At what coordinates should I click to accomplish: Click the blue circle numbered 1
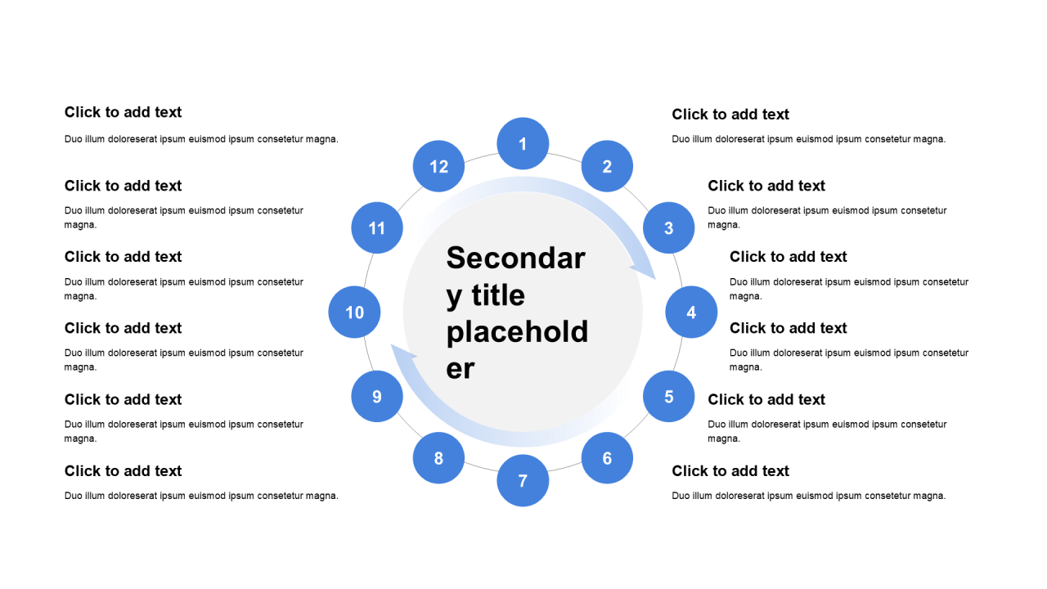click(523, 144)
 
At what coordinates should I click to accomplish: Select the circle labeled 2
click(607, 166)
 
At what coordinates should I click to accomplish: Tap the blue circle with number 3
click(668, 227)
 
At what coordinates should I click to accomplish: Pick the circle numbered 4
click(691, 312)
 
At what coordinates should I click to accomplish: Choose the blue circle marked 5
click(668, 396)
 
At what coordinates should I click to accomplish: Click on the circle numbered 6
click(607, 458)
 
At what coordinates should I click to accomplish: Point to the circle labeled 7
click(523, 480)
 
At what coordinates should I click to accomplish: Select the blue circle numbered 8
click(438, 458)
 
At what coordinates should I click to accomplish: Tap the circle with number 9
click(377, 396)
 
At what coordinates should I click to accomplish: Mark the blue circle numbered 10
click(354, 312)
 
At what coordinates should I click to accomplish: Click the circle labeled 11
click(377, 227)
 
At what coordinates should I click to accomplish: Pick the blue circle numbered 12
click(438, 166)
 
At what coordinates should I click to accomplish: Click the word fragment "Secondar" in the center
click(515, 258)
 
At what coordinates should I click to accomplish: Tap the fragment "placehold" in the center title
click(517, 331)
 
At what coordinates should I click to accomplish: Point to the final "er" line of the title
click(461, 368)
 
